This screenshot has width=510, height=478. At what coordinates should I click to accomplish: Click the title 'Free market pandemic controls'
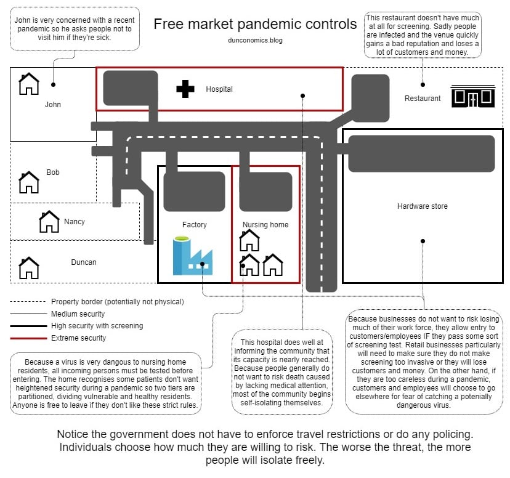[x=255, y=24]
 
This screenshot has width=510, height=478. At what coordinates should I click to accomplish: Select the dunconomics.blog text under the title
[x=255, y=40]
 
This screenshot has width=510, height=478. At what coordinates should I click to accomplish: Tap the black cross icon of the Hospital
[x=185, y=89]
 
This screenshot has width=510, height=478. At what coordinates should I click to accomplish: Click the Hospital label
[x=219, y=89]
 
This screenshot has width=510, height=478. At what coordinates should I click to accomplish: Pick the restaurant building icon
[x=472, y=97]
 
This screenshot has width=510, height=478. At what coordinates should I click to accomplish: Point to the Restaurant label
[x=423, y=99]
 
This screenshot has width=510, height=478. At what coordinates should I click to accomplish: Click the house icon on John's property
[x=29, y=84]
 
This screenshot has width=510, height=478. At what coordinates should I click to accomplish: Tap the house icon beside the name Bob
[x=29, y=182]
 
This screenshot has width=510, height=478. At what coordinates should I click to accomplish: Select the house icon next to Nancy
[x=49, y=222]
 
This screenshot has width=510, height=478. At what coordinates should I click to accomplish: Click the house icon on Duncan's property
[x=29, y=268]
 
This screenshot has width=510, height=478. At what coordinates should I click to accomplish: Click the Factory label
[x=195, y=225]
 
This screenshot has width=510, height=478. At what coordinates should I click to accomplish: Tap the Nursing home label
[x=265, y=225]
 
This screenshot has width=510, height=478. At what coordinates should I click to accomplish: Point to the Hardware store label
[x=423, y=206]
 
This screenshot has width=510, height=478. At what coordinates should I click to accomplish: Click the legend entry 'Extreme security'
[x=78, y=338]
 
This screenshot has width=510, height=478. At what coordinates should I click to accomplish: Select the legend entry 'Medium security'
[x=78, y=314]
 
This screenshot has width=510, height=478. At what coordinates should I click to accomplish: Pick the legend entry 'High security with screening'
[x=97, y=326]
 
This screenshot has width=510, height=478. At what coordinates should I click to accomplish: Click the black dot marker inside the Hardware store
[x=423, y=241]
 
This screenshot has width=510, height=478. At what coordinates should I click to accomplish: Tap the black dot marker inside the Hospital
[x=303, y=95]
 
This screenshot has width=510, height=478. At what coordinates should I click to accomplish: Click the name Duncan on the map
[x=83, y=262]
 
